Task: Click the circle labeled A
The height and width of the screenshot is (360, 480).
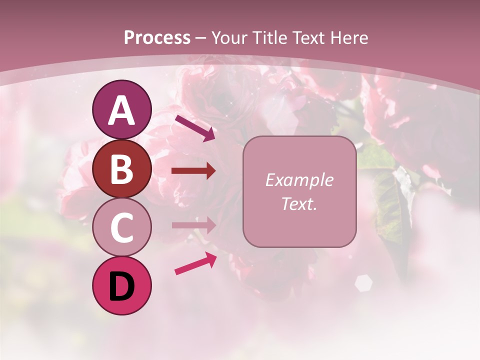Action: (121, 109)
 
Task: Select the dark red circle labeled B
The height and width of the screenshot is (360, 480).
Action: (121, 168)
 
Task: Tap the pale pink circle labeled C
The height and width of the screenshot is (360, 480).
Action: (121, 227)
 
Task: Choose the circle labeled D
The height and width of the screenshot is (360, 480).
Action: (121, 285)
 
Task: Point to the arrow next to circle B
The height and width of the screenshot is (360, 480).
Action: (193, 171)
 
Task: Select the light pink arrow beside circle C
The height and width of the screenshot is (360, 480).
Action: (193, 225)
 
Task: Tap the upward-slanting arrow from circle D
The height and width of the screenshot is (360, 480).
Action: (195, 263)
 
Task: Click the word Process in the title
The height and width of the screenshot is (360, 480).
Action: (157, 37)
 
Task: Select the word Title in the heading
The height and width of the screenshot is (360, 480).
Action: (270, 37)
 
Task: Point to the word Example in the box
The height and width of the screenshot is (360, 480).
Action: (299, 180)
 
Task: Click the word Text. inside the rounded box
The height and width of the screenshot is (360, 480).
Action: (299, 203)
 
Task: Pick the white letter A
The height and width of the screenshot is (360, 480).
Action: (121, 110)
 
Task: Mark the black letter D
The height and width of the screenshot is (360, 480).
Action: (121, 286)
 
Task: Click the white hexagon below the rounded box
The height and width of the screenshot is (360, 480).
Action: (363, 282)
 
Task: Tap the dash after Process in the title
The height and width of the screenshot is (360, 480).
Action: (201, 38)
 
